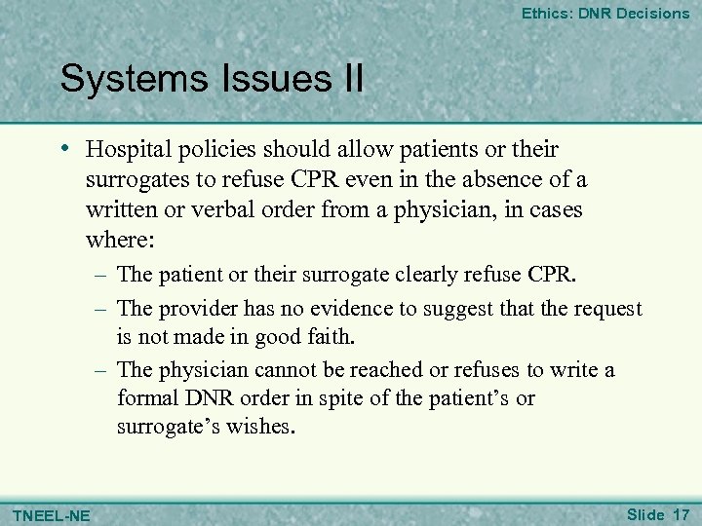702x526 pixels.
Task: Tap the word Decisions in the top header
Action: pyautogui.click(x=652, y=14)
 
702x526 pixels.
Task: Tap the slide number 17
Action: pyautogui.click(x=679, y=512)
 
